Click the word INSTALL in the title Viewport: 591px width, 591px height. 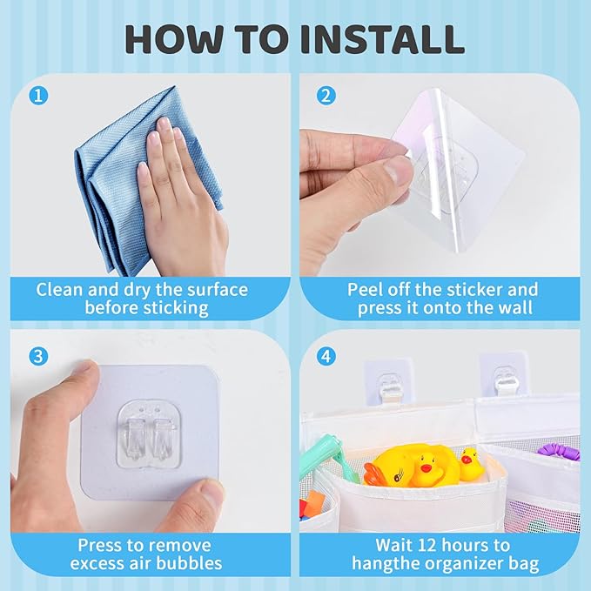tap(382, 39)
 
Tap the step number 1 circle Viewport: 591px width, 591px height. tap(38, 96)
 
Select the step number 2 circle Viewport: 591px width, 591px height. tap(326, 96)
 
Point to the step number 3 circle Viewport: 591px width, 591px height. tap(38, 356)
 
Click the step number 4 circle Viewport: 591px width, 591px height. tap(326, 356)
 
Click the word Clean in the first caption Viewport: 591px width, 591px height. tap(59, 290)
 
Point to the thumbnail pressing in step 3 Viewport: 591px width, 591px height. tap(209, 490)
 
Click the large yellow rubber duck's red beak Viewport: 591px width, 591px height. tap(426, 468)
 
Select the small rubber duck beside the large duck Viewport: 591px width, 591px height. tap(470, 464)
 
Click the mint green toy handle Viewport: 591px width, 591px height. tap(328, 450)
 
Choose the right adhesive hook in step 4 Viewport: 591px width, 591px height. tap(503, 377)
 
